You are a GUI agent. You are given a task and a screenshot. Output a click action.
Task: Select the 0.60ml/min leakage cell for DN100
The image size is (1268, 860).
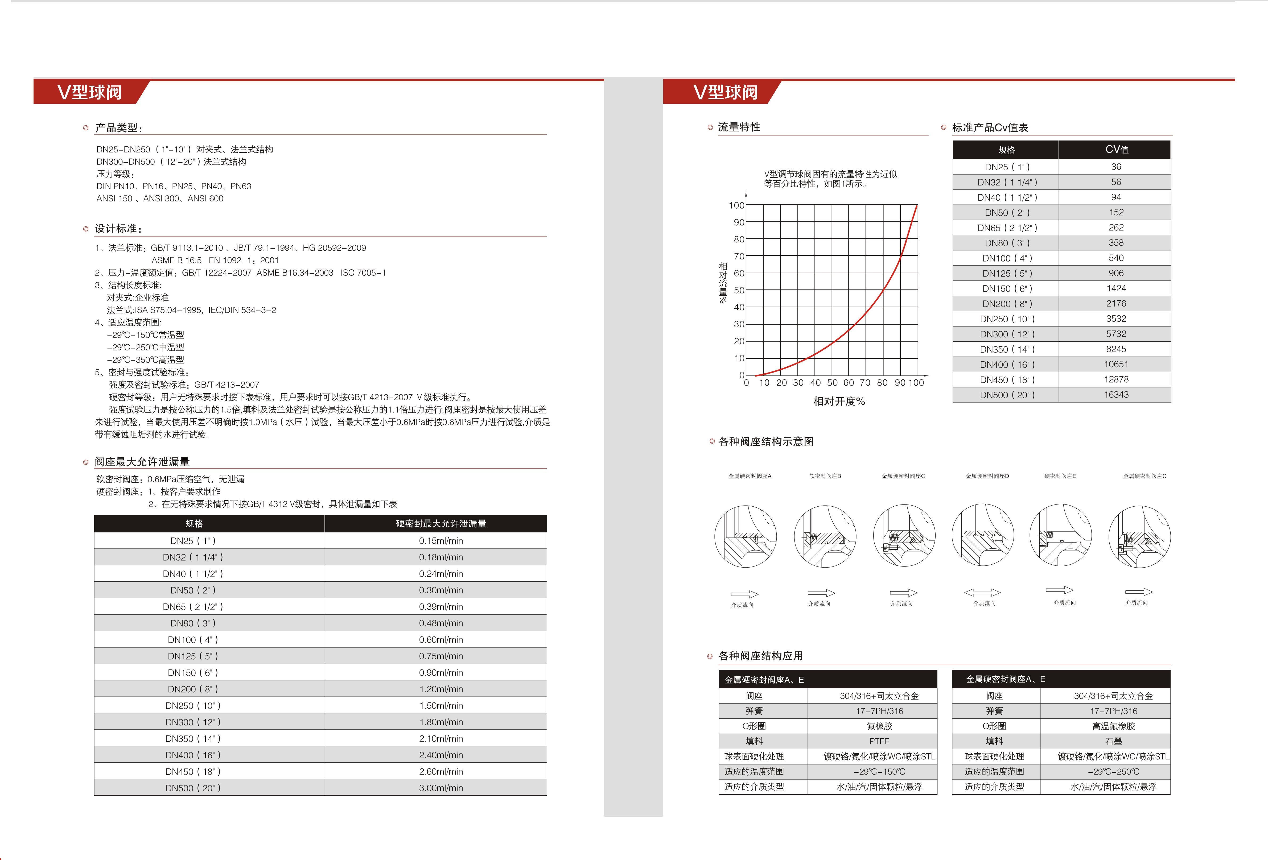441,640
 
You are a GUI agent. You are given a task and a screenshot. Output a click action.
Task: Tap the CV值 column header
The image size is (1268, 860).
1116,150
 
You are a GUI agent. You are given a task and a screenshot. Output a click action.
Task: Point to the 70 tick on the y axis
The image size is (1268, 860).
739,256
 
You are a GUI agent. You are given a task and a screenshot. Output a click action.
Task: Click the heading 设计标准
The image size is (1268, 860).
118,229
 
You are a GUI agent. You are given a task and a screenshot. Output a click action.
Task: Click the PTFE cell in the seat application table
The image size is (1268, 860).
879,741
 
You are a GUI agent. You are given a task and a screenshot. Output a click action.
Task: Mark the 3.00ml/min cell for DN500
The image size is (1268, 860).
441,788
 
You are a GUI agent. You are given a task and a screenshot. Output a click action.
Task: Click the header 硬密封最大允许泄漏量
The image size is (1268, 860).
441,523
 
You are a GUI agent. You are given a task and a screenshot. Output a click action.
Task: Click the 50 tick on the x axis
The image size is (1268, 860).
832,383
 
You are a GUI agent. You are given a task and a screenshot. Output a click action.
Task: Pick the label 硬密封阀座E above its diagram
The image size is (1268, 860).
1060,476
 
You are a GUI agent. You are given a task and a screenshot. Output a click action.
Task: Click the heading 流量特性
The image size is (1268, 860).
739,127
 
